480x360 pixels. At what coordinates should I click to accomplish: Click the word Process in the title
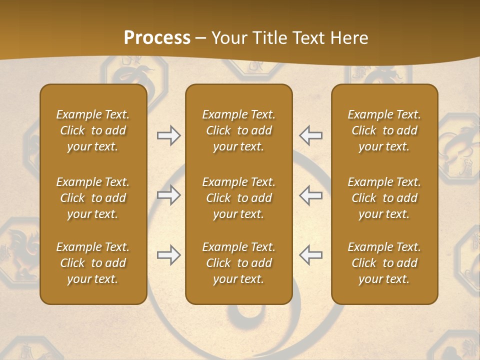(x=157, y=38)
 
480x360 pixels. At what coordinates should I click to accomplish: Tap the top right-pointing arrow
(x=168, y=135)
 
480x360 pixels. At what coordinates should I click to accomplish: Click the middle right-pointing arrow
(x=168, y=195)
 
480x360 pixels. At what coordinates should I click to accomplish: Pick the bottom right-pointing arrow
(x=168, y=255)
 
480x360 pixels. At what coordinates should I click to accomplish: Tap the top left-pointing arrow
(x=311, y=135)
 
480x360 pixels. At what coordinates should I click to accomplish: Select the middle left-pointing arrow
(x=311, y=195)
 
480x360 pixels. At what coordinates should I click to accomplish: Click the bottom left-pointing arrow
(x=311, y=255)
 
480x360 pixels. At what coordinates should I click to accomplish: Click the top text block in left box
(x=93, y=130)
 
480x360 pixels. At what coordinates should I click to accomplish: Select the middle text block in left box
(x=93, y=198)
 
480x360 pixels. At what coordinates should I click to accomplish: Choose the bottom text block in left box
(x=93, y=263)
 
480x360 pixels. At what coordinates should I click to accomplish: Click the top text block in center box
(x=238, y=130)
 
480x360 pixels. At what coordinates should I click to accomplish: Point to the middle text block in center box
(x=238, y=198)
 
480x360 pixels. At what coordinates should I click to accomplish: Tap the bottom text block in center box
(x=238, y=263)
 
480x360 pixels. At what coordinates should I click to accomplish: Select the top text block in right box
(x=384, y=130)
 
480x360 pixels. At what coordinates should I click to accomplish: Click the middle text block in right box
(x=384, y=198)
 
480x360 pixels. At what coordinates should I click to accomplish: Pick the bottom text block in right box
(x=384, y=263)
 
